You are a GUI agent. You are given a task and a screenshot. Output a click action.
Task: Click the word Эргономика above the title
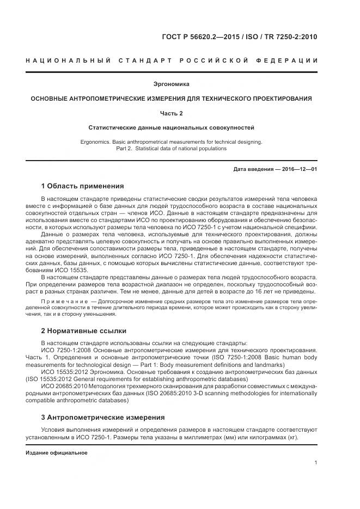[172, 84]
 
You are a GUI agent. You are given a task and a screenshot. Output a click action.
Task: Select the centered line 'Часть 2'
[172, 113]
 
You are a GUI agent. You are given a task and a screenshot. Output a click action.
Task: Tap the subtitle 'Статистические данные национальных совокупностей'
[172, 127]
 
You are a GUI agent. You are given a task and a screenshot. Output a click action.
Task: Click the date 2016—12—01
[297, 169]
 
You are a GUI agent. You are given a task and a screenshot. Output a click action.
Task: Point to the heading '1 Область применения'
[82, 186]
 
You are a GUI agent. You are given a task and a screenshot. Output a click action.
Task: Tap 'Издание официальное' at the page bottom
[56, 453]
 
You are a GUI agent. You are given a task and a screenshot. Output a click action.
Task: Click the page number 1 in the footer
[316, 463]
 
